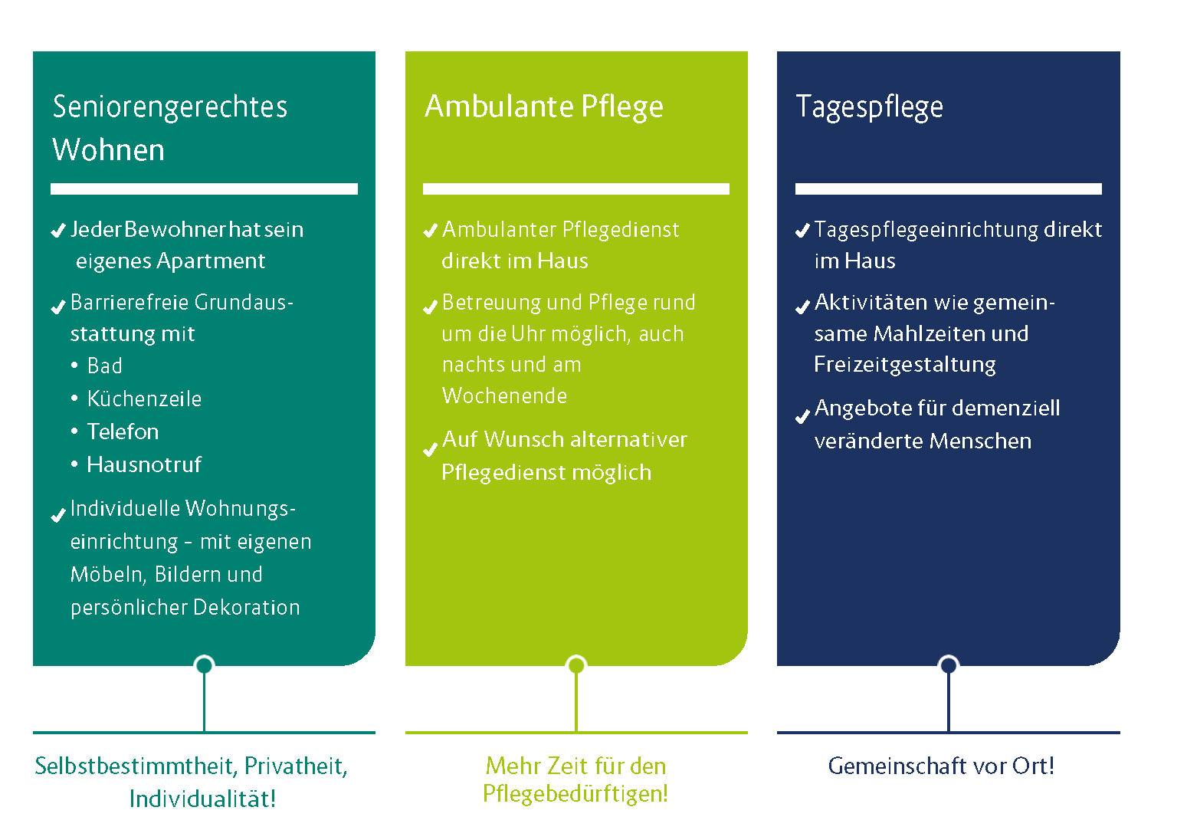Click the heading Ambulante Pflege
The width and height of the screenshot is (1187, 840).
(x=544, y=107)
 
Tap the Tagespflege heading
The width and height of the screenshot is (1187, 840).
(x=870, y=107)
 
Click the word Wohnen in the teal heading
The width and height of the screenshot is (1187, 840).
(x=109, y=149)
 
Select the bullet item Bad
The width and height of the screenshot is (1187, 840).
(x=105, y=366)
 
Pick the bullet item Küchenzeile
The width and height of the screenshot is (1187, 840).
(x=144, y=399)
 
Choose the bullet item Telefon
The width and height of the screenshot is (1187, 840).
(x=123, y=431)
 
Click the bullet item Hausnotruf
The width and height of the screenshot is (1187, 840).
(x=144, y=464)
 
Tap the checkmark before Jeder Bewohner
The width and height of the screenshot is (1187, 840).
(x=58, y=231)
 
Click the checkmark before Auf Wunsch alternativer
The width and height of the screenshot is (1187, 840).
(x=431, y=449)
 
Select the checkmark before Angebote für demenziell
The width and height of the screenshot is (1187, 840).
(x=803, y=417)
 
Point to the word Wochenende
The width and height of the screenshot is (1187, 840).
(x=504, y=396)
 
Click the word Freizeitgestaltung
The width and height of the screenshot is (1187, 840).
(x=905, y=365)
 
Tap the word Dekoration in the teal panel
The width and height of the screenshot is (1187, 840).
(x=247, y=607)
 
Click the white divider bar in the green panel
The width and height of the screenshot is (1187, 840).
(x=576, y=189)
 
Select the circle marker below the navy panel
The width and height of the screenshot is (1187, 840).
(x=949, y=665)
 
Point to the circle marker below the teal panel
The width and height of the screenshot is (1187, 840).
(x=204, y=665)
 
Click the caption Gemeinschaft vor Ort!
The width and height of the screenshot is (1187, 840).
(x=941, y=766)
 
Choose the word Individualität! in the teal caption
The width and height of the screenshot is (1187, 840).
(x=203, y=799)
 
